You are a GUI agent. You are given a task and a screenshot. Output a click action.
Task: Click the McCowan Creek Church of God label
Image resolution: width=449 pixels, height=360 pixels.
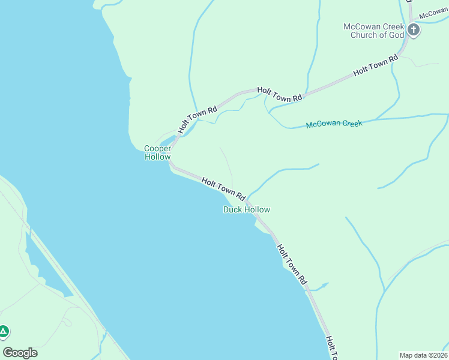tap(373, 31)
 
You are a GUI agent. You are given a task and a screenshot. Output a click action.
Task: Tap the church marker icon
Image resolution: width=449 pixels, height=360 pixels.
tap(414, 29)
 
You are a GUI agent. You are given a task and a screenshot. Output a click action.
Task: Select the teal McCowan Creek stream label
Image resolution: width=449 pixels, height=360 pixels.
tap(334, 124)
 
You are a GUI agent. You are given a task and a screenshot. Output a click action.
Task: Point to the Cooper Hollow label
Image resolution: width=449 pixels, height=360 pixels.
tap(157, 152)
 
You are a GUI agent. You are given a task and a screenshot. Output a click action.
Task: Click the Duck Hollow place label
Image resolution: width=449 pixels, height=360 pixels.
tap(246, 209)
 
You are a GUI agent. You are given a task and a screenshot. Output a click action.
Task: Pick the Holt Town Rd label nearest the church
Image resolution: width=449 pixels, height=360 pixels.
tap(376, 65)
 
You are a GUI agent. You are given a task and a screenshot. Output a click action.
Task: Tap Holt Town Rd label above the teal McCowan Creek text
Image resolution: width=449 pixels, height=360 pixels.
tap(280, 94)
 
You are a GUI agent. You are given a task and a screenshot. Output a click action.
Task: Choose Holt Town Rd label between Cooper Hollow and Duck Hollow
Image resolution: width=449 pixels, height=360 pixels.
tap(224, 188)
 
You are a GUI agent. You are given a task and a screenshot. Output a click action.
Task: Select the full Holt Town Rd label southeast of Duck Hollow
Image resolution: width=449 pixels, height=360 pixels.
tap(292, 263)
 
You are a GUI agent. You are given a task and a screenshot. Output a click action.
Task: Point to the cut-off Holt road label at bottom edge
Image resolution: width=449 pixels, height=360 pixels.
tap(332, 348)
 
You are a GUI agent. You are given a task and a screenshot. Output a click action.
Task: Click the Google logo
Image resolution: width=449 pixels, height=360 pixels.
tap(20, 352)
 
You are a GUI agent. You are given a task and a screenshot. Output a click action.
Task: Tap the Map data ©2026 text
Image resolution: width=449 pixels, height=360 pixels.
tap(423, 355)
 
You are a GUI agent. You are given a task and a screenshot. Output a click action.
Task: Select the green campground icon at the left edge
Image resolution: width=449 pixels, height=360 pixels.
tap(4, 331)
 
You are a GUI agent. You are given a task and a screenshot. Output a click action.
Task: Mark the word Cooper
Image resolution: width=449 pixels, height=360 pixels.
tap(157, 148)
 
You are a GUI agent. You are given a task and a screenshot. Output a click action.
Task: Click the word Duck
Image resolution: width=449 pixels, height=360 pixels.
tap(233, 209)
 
